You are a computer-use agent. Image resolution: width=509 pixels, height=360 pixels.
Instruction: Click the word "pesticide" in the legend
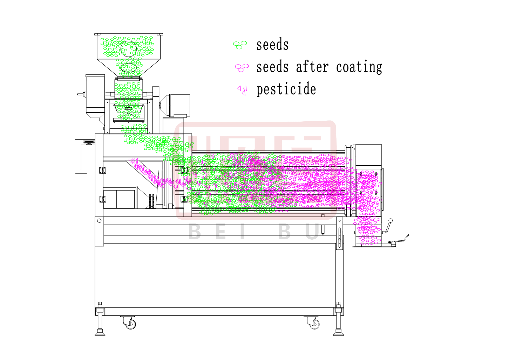point(286,89)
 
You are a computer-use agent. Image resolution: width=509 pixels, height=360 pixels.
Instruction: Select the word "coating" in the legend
point(359,67)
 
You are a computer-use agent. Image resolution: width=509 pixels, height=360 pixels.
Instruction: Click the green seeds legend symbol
point(240,45)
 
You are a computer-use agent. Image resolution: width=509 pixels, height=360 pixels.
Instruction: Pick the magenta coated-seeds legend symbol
point(242,67)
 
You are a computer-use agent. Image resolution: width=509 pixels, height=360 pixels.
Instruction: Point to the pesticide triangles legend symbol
point(242,90)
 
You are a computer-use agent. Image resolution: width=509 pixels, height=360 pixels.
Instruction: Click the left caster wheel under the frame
point(130,324)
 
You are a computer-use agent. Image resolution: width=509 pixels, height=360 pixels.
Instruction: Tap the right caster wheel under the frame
point(314,324)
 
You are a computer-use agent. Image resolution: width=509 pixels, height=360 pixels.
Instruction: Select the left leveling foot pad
point(100,333)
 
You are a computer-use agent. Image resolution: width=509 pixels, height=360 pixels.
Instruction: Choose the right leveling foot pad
point(338,333)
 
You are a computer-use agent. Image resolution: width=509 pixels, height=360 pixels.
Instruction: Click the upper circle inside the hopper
point(128,49)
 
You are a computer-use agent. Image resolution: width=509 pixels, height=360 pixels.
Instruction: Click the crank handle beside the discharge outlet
point(388,226)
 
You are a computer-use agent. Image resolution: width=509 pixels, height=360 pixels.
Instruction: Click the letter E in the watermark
point(221,232)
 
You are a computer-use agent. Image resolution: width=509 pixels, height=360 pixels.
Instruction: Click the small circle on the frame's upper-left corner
point(99,221)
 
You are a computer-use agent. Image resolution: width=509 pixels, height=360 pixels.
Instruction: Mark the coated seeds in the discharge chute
point(367,230)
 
